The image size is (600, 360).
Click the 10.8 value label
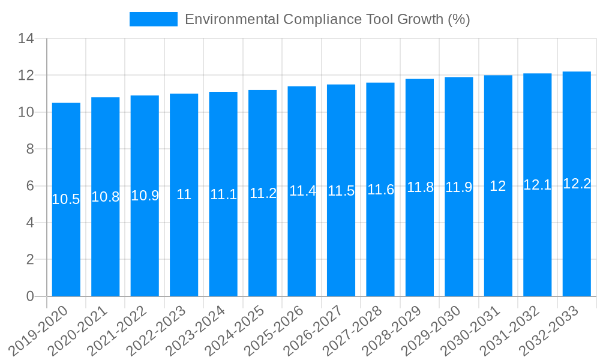[x=106, y=197]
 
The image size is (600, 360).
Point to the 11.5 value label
[x=341, y=191]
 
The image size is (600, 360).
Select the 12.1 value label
[x=537, y=185]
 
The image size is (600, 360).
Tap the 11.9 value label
[x=458, y=187]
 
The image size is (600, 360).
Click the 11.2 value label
[x=263, y=193]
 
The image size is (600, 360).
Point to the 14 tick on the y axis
[x=26, y=39]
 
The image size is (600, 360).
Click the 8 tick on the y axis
[x=30, y=149]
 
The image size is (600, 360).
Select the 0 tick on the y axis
[x=30, y=296]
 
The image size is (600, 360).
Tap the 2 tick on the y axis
[x=30, y=260]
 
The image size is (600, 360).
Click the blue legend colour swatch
[x=154, y=19]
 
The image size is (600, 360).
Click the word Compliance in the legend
[x=322, y=19]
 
